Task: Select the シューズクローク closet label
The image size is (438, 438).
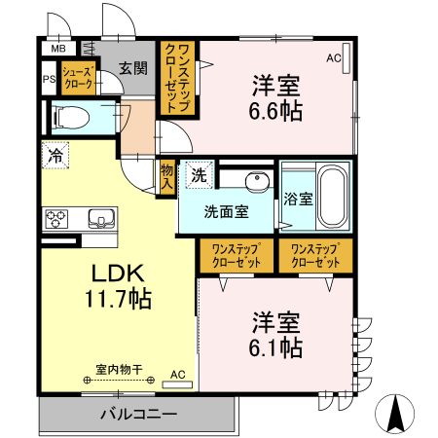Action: (77, 78)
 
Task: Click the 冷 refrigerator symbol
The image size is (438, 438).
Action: (55, 154)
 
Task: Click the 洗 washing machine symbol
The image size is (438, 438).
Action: (199, 176)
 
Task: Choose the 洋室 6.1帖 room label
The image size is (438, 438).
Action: (276, 334)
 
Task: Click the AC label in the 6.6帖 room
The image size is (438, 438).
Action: (334, 58)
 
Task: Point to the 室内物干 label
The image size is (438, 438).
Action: (120, 369)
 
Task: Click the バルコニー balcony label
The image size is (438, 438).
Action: (138, 415)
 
